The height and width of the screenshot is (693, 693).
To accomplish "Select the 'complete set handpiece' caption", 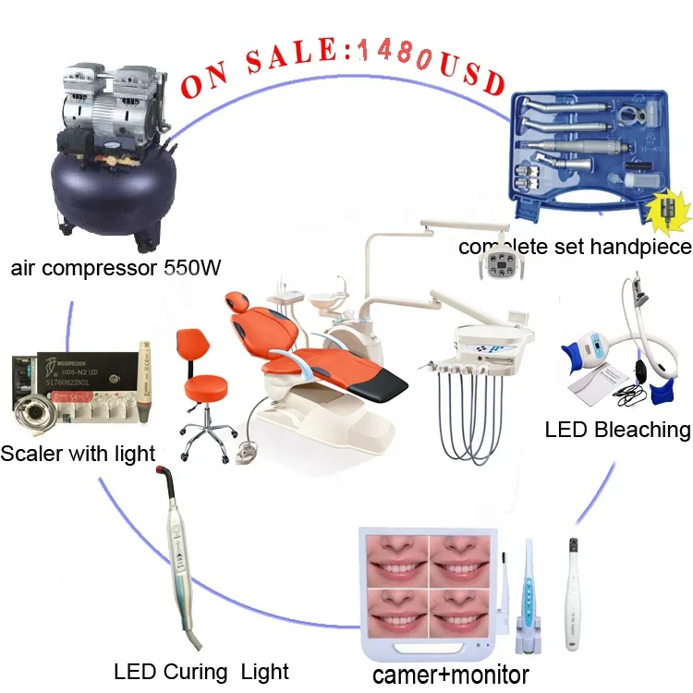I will pos(575,247).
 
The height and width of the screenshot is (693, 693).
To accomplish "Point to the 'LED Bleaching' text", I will pos(617,429).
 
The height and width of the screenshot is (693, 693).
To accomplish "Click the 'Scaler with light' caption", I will pos(78,453).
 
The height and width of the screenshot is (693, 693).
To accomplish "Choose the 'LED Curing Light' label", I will pos(201,671).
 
